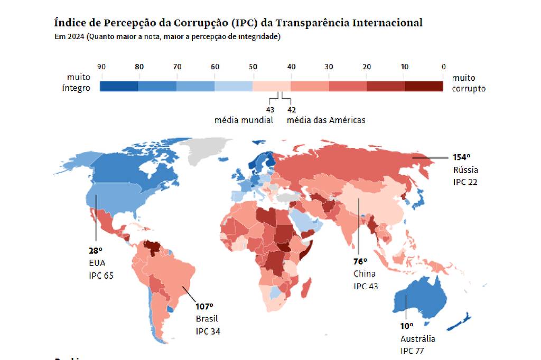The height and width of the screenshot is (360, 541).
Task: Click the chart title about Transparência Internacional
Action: click(x=238, y=23)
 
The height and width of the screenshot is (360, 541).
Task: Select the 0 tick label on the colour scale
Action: click(x=443, y=67)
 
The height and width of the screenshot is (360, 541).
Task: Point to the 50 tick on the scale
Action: click(x=253, y=67)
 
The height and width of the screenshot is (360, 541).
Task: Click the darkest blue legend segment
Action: click(x=119, y=87)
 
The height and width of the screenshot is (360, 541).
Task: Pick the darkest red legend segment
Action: click(x=424, y=87)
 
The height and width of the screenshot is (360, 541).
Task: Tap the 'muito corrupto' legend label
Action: click(x=468, y=83)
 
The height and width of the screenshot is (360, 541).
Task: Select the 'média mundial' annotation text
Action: click(x=244, y=120)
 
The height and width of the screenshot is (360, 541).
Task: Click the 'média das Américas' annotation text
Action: click(x=326, y=120)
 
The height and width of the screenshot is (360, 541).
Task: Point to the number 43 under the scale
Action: click(x=270, y=110)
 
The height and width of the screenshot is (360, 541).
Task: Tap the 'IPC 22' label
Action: click(x=465, y=182)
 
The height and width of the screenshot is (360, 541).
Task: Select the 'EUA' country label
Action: click(x=97, y=262)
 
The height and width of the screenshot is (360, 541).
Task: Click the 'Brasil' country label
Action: click(x=207, y=319)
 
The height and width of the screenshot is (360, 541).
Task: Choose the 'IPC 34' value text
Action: click(x=208, y=331)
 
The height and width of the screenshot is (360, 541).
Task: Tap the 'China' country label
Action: click(x=365, y=273)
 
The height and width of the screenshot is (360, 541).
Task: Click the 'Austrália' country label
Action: click(x=418, y=339)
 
